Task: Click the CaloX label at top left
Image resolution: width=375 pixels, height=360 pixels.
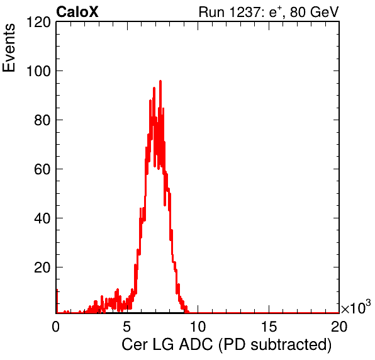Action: [x=77, y=12]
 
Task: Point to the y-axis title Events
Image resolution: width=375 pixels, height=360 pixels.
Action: [x=9, y=48]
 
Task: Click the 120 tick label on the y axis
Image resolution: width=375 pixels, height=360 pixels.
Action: [x=38, y=22]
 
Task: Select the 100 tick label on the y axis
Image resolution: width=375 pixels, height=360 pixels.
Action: [x=38, y=71]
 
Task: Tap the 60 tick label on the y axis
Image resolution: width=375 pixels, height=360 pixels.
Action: [x=42, y=169]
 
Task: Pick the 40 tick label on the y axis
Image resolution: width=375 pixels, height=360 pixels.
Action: [x=42, y=218]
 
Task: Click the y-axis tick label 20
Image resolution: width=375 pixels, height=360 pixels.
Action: [x=42, y=267]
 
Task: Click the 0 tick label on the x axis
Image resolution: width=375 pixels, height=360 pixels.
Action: [x=56, y=326]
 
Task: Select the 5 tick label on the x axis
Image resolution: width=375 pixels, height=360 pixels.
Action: [x=126, y=326]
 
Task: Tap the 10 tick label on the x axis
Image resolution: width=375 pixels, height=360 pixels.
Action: [x=198, y=326]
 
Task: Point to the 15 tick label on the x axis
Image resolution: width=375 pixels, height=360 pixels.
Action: [x=269, y=326]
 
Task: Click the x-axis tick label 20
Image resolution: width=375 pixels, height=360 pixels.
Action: [x=339, y=326]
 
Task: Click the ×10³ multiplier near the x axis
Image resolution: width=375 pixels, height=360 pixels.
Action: [x=356, y=307]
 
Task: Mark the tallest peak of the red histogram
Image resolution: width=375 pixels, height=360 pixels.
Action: [x=160, y=81]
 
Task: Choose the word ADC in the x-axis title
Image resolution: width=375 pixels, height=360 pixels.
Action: [x=196, y=345]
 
